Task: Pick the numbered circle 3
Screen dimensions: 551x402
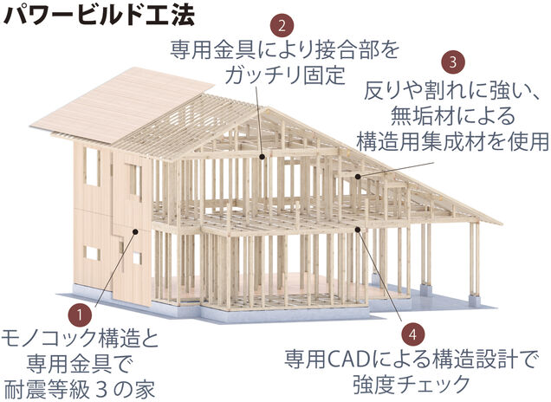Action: pos(452,63)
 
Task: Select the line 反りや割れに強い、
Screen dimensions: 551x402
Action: pos(452,89)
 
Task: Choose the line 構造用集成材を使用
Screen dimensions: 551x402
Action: pos(452,139)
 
